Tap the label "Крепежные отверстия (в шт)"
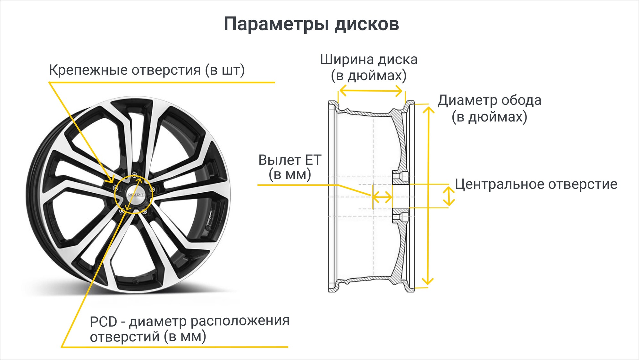147,70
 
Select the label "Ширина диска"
369,60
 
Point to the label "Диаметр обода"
489,100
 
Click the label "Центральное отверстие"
536,184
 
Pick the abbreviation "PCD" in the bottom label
103,322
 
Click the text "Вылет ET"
290,160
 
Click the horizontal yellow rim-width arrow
371,91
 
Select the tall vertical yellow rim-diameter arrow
428,196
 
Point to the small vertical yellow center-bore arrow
449,196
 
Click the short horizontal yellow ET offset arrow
382,197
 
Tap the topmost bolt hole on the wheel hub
134,175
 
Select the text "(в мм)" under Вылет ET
290,175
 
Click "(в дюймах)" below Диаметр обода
489,117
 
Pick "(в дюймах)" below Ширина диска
369,76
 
